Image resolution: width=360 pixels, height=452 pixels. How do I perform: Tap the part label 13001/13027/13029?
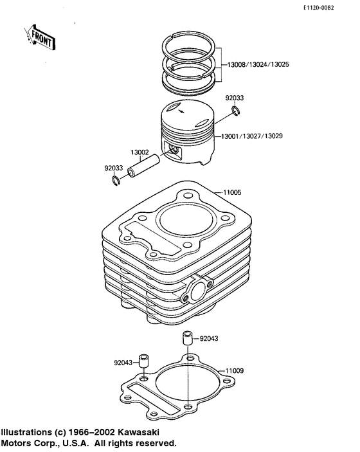coord(253,136)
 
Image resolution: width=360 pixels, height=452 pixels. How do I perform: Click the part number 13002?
coord(139,152)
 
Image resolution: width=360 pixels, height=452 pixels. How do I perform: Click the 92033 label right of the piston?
coord(234,98)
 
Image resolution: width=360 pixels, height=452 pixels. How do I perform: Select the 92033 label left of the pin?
coord(114,168)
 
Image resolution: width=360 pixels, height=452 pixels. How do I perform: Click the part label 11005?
coord(232,192)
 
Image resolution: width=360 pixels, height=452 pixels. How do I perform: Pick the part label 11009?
coord(234,371)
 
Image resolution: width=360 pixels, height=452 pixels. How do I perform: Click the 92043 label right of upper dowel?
coord(209,338)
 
